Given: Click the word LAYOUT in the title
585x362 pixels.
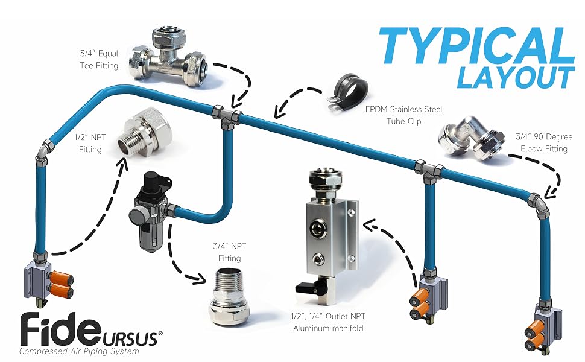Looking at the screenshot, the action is coord(516,78).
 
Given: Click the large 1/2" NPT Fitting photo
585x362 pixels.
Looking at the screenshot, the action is coord(145,132).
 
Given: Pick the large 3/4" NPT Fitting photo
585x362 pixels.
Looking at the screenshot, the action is coord(229,298).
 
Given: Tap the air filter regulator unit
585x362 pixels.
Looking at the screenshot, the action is coord(151,210).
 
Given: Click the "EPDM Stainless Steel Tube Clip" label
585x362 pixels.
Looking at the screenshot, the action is coord(403,115).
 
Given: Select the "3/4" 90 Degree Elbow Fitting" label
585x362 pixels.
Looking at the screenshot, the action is coord(543,142).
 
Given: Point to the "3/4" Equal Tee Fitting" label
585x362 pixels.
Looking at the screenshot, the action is coord(99,59).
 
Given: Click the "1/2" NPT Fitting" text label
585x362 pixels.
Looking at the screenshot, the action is coord(90,144).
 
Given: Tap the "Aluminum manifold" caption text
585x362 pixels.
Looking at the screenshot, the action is coord(328,328).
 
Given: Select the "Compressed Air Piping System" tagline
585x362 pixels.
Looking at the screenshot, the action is coord(79,351).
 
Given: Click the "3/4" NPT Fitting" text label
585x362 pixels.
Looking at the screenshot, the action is coord(229,252).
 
